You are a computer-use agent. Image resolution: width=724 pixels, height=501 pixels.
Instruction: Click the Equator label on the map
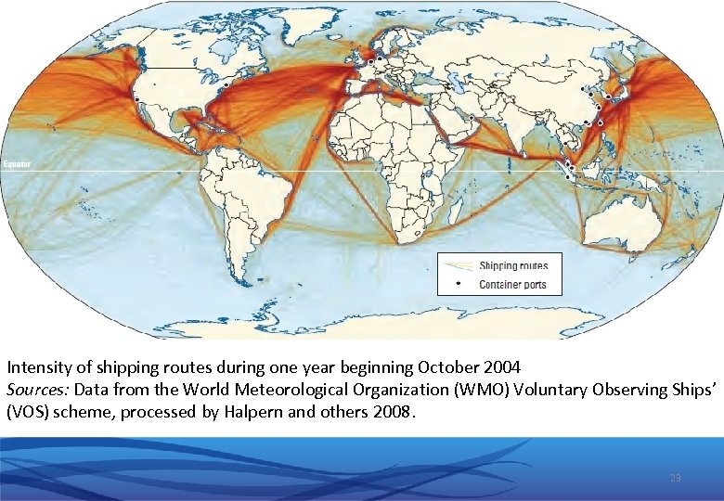click(17, 164)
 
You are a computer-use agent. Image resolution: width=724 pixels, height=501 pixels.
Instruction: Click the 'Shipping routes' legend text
click(512, 266)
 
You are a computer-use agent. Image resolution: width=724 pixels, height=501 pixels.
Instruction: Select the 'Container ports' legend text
click(512, 285)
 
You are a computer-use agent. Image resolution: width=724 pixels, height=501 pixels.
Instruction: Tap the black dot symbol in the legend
click(459, 284)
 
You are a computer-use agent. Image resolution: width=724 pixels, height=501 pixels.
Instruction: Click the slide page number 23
click(675, 478)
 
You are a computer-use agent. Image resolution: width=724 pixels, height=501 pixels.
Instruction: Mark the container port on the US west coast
click(136, 98)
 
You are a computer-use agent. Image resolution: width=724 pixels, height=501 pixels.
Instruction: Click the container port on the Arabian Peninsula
click(471, 118)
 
